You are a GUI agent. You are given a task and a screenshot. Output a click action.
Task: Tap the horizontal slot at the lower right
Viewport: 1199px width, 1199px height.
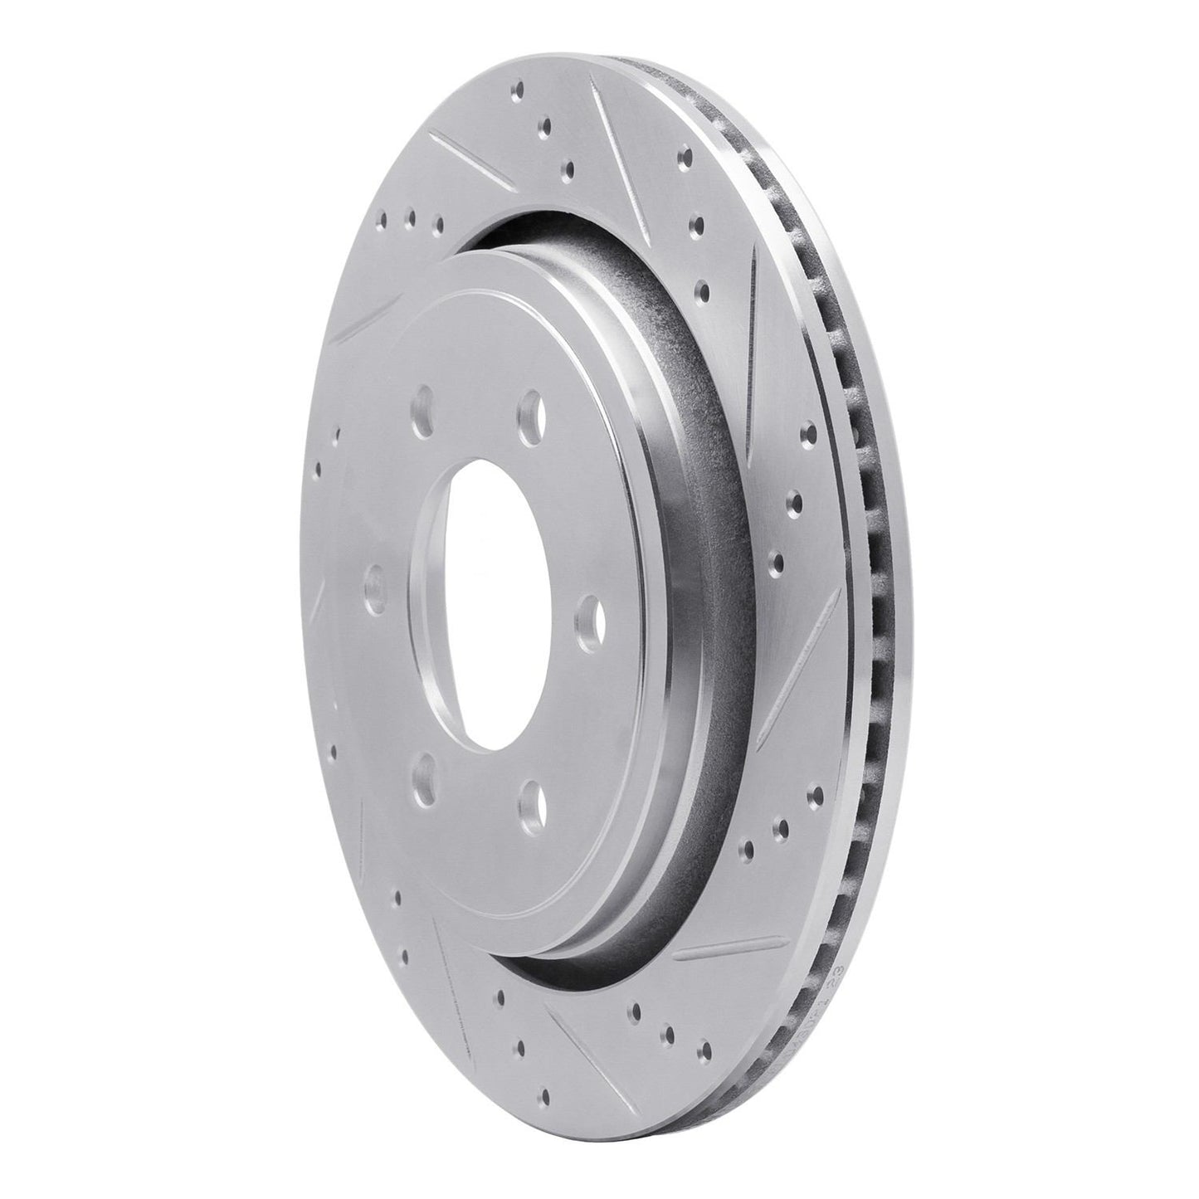(730, 950)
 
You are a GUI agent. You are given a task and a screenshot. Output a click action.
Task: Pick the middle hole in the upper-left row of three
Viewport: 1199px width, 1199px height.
(409, 217)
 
